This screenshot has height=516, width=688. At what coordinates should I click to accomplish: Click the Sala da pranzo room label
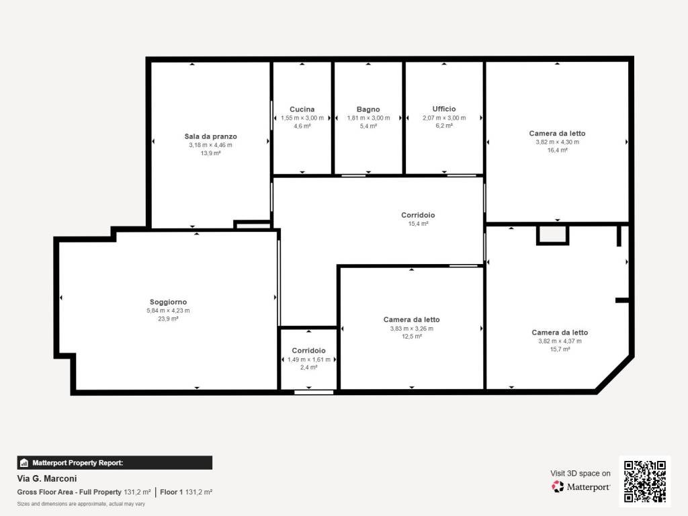(210, 136)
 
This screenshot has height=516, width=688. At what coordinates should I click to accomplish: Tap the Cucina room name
(302, 110)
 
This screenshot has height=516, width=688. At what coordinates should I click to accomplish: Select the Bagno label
(368, 110)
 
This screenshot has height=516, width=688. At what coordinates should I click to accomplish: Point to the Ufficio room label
(444, 109)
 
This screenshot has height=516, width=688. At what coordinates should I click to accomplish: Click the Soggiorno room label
(168, 302)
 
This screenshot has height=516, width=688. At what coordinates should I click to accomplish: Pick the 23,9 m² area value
(168, 319)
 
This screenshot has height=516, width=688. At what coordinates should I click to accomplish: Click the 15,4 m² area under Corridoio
(419, 224)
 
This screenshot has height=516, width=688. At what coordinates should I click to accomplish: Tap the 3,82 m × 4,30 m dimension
(557, 142)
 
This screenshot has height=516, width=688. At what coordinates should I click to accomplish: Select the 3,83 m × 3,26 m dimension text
(411, 329)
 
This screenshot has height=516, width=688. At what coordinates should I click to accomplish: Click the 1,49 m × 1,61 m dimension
(308, 359)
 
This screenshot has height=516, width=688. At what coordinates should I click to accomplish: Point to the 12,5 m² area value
(411, 337)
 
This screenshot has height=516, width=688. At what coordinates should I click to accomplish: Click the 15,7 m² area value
(560, 349)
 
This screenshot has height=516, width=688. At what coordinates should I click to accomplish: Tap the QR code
(644, 481)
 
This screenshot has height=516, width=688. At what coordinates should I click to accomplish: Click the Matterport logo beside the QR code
(580, 486)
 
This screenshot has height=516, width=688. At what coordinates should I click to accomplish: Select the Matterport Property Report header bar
(114, 463)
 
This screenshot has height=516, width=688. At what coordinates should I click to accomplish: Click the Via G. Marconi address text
(47, 479)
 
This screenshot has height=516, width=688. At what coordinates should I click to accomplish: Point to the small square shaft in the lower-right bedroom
(552, 234)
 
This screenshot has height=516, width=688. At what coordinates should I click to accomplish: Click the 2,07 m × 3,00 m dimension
(444, 118)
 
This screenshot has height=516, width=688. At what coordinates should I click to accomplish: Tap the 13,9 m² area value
(210, 153)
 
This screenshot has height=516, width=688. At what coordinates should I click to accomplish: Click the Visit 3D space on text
(580, 473)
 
